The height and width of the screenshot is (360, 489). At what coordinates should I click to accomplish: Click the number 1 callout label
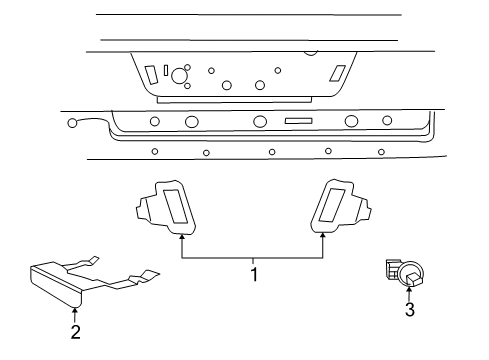pyautogui.click(x=254, y=273)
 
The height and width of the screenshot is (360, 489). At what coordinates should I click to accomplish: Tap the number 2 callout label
pyautogui.click(x=74, y=332)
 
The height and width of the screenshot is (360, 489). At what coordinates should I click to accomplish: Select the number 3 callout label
pyautogui.click(x=409, y=311)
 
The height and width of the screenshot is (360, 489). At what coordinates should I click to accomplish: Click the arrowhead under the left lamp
pyautogui.click(x=181, y=236)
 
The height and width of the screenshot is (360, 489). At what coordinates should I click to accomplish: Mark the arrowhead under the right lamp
pyautogui.click(x=323, y=236)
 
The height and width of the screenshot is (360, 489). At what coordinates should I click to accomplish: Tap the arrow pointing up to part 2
pyautogui.click(x=74, y=309)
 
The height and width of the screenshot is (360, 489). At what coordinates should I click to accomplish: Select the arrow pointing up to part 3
pyautogui.click(x=409, y=292)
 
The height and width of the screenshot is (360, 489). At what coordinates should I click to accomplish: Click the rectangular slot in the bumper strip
pyautogui.click(x=300, y=121)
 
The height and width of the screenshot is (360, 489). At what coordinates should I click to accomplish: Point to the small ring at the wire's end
pyautogui.click(x=73, y=124)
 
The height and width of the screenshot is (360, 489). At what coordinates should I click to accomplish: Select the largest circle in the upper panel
pyautogui.click(x=181, y=75)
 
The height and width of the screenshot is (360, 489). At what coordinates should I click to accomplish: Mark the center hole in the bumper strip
pyautogui.click(x=259, y=122)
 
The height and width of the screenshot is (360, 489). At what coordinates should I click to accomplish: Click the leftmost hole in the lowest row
pyautogui.click(x=154, y=151)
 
